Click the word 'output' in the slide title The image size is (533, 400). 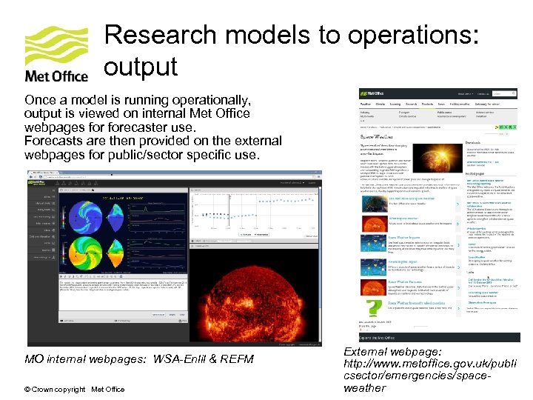[x=141, y=67]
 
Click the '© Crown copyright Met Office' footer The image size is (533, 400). [x=74, y=390]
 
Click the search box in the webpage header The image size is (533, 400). [x=503, y=94]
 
